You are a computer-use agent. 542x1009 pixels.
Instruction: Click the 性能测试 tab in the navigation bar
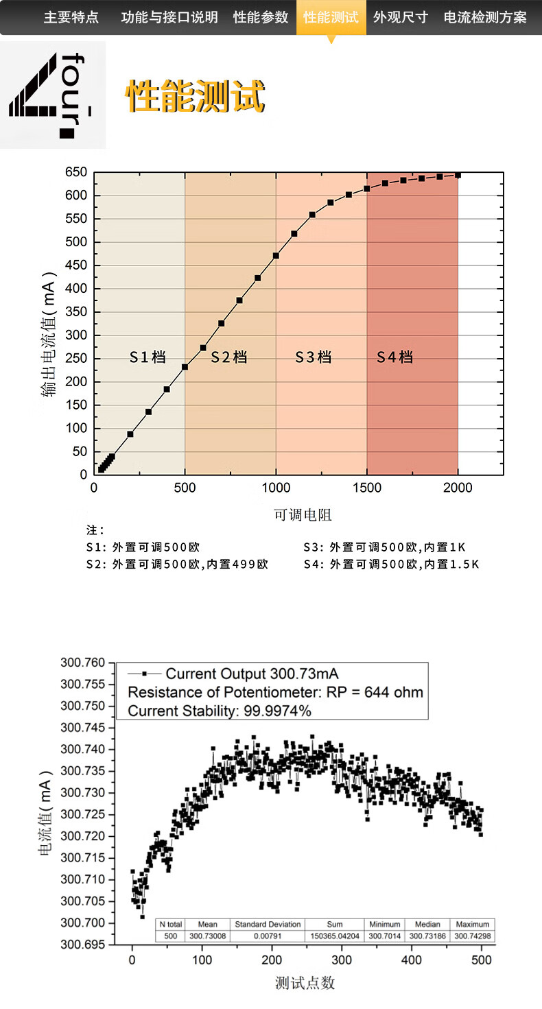pos(331,17)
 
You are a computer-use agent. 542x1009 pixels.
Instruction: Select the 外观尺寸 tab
pos(401,17)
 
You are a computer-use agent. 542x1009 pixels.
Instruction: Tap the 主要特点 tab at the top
pos(71,17)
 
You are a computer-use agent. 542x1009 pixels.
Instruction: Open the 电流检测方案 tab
pos(486,17)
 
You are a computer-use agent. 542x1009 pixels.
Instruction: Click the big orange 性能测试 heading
pos(196,97)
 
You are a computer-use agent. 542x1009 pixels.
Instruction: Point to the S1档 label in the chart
pos(148,357)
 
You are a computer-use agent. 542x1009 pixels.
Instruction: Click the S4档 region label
pos(395,357)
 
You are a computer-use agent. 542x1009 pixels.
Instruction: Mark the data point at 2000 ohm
pos(458,175)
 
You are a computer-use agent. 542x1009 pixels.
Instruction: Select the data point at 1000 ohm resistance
pos(276,256)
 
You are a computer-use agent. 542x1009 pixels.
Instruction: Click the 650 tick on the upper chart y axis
pos(76,172)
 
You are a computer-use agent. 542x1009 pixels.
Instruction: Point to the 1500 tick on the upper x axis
pos(367,488)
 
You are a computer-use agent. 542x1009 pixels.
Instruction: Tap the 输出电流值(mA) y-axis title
pos(49,336)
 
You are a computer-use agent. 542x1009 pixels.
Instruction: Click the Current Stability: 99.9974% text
pos(220,711)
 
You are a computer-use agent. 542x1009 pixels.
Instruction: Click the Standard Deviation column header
pos(268,924)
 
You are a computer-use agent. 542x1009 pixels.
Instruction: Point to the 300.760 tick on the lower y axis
pos(83,663)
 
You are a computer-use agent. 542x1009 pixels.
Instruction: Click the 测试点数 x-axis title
pos(305,983)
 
